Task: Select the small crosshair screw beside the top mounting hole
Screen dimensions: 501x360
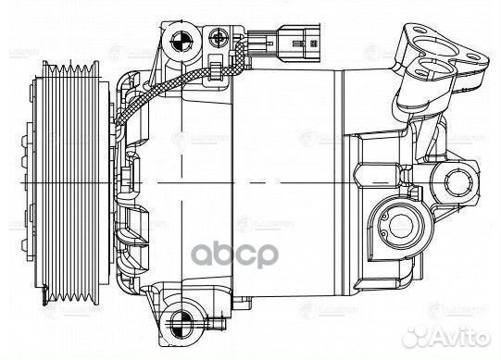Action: tap(219, 38)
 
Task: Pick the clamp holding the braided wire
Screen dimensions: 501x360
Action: tap(213, 68)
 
